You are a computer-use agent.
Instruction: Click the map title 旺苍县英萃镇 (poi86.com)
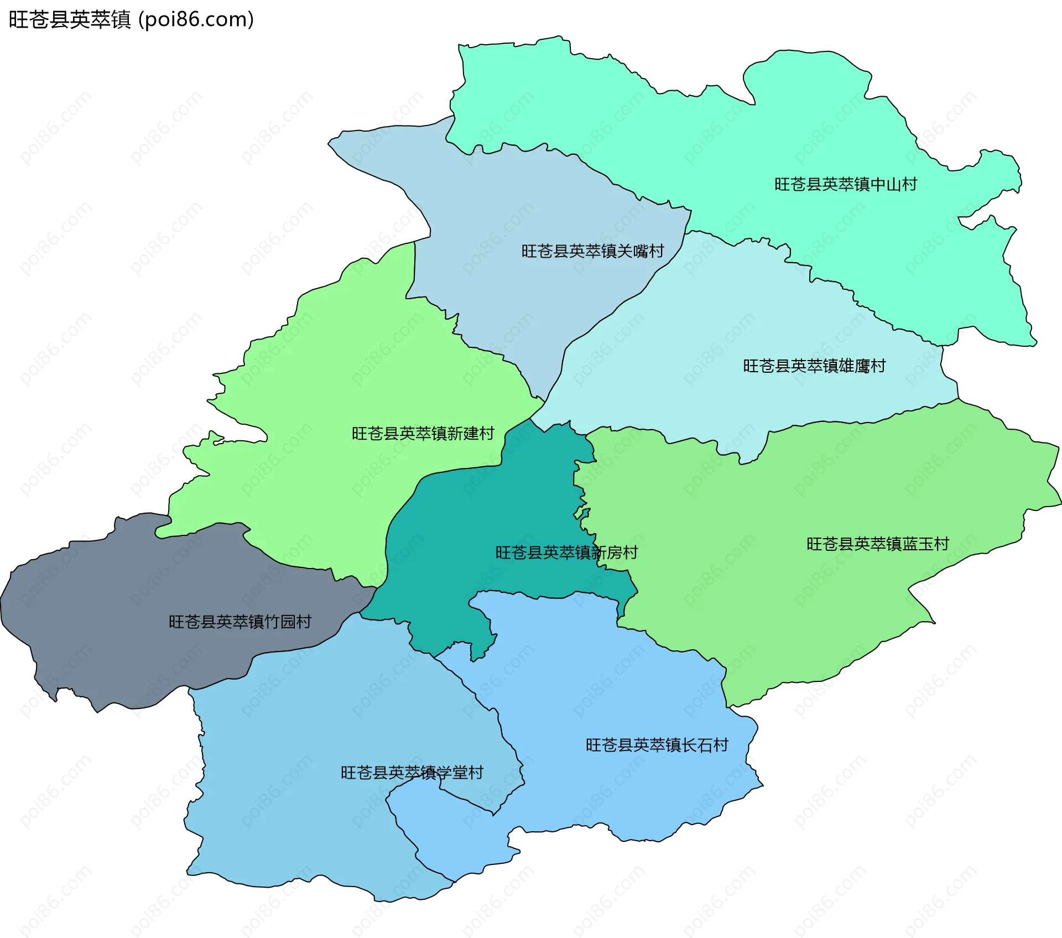tap(131, 20)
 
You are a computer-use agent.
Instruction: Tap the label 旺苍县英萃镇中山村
tap(845, 184)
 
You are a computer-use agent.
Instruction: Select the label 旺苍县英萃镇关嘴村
tap(592, 251)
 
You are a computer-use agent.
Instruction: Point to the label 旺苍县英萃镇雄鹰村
tap(814, 366)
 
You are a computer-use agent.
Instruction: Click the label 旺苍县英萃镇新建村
tap(423, 433)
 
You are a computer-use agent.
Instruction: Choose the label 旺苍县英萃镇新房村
tap(566, 552)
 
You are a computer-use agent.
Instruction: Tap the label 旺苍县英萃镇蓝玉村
tap(877, 544)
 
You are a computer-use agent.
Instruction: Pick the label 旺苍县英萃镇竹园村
tap(240, 622)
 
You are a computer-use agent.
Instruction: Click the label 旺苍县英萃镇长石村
tap(657, 745)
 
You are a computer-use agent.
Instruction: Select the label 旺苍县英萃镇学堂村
tap(412, 772)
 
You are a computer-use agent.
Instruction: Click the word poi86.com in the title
tap(196, 20)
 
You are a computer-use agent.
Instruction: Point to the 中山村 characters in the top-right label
tap(893, 184)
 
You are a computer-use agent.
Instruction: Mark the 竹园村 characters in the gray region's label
tap(288, 622)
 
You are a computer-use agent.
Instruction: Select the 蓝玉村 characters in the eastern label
tap(925, 544)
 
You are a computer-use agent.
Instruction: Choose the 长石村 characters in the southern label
tap(705, 745)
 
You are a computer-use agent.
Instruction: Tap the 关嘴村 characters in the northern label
tap(641, 251)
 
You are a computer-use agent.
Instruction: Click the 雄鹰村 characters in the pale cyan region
tap(862, 366)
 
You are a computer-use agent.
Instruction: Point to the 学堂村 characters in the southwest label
tap(460, 772)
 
